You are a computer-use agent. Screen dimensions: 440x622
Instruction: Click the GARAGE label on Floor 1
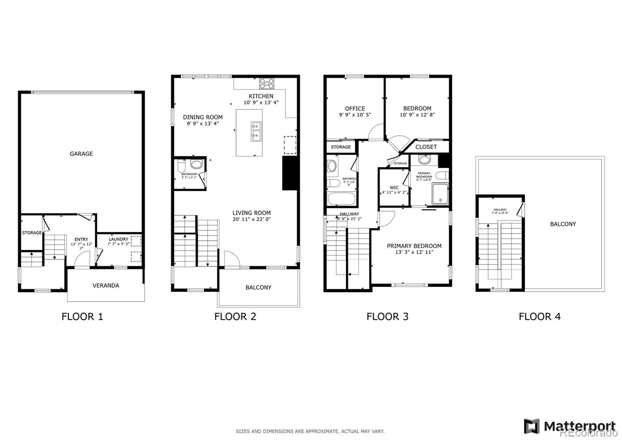coord(81,154)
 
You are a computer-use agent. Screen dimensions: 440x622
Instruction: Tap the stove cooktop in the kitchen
coord(267,83)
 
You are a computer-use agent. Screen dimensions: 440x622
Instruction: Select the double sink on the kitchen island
coord(256,131)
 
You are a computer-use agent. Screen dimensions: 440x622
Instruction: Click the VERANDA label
coord(106,285)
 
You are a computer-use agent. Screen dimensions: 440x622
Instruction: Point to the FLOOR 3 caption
coord(387,316)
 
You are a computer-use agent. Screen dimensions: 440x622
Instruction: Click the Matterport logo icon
coord(531,426)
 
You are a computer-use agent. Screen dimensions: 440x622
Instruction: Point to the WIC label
coord(394,188)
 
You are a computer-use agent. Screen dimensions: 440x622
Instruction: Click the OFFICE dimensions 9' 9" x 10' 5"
coord(355,115)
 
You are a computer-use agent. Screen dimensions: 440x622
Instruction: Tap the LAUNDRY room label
coord(119,239)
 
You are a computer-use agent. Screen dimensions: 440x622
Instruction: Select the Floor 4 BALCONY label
coord(563,224)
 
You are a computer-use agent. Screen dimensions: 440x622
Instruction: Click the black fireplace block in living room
coord(290,173)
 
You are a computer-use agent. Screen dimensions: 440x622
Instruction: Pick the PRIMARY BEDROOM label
coord(414,246)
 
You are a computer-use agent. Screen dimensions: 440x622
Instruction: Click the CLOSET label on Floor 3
coord(426,147)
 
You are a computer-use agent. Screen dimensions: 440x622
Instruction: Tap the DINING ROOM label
coord(203,117)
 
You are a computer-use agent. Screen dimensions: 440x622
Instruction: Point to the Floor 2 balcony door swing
coord(230,259)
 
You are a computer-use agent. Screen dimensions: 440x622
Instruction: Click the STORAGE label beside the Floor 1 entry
coord(31,233)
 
